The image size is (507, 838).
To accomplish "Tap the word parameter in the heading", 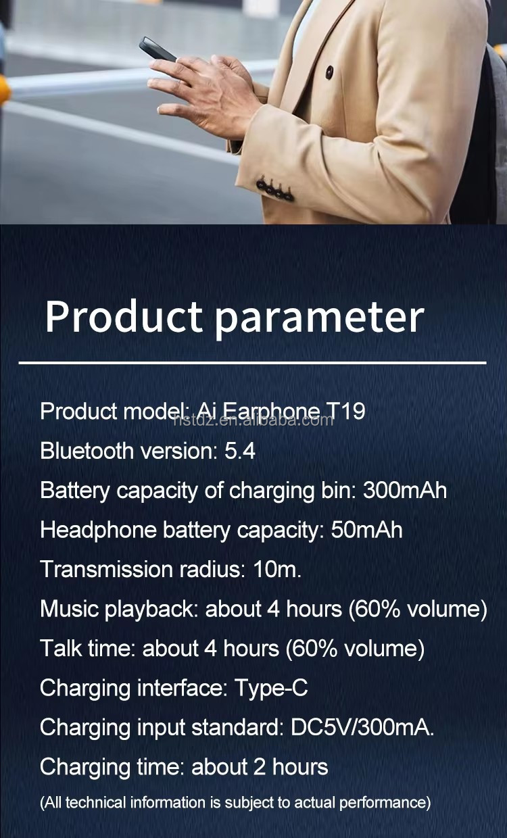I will point(319,318).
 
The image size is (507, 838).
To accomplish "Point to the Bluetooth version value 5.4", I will point(240,451).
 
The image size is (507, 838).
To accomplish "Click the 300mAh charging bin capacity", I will point(404,490).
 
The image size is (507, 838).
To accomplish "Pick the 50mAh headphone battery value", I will point(366,530).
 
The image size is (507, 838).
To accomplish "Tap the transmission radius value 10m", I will point(276,569).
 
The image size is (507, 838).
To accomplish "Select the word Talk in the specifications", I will point(61,648).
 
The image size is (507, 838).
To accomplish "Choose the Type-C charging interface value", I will point(271,688).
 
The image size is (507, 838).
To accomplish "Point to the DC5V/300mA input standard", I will point(362,727).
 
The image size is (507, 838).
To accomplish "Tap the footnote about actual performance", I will point(235,803).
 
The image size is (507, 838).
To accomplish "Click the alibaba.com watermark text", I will point(254,420).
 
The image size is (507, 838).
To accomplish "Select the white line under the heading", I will point(252,363).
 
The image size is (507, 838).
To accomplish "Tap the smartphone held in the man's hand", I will point(158,49).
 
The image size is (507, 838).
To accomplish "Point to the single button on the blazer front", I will point(329,72).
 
